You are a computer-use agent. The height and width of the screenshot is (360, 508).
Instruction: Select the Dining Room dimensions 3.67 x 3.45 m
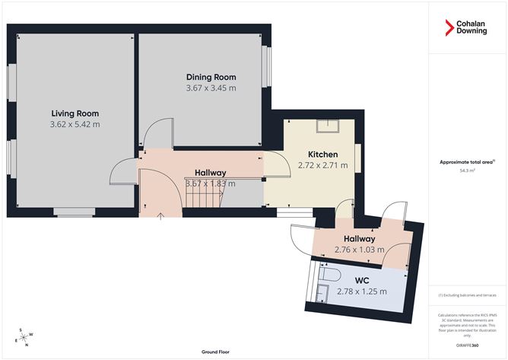(211, 88)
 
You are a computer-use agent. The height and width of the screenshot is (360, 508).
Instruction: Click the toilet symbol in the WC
(328, 272)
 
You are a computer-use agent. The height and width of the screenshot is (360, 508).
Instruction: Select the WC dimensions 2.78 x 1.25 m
(363, 292)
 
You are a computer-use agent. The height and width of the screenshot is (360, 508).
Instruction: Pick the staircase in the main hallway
(204, 198)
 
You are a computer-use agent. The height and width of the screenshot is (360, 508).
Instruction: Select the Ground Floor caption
(217, 352)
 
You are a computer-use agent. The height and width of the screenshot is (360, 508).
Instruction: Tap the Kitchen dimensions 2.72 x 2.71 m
(322, 164)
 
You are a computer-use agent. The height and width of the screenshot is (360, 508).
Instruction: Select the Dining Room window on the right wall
(266, 69)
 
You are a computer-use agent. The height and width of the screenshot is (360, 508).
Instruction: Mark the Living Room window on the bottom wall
(74, 213)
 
